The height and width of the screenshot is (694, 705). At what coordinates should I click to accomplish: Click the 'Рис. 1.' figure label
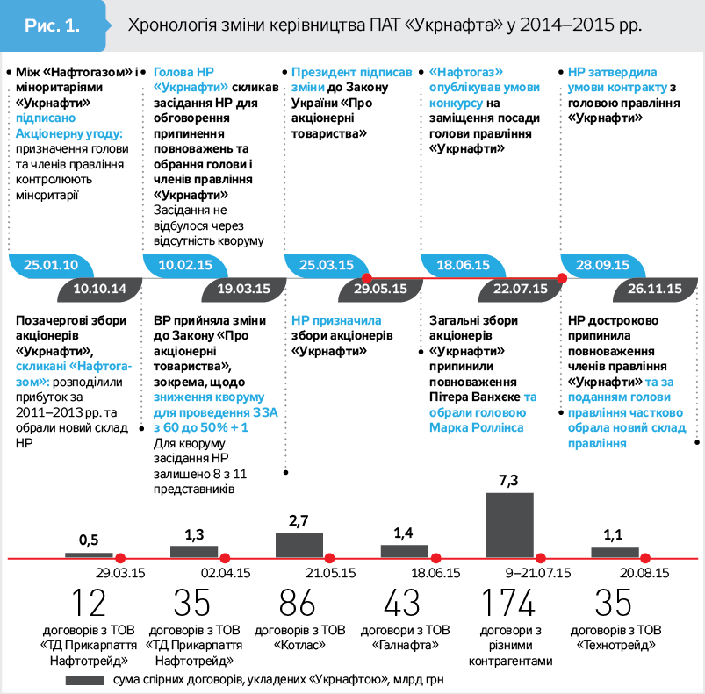click(x=51, y=24)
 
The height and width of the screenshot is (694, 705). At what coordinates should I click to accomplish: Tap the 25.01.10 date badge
click(x=51, y=265)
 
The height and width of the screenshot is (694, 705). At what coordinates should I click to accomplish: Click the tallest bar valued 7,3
click(x=509, y=524)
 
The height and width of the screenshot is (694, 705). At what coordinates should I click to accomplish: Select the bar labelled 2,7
click(x=299, y=544)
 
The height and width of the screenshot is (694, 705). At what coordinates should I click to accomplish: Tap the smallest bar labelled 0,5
click(x=89, y=554)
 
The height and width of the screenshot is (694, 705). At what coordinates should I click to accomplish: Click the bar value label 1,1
click(x=614, y=534)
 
